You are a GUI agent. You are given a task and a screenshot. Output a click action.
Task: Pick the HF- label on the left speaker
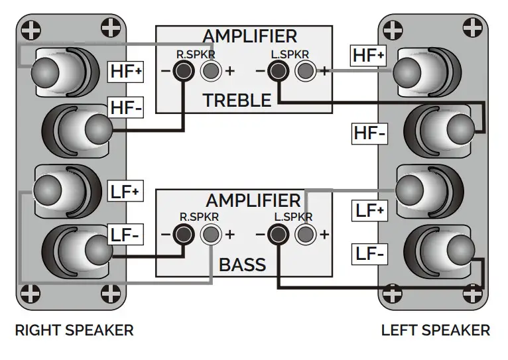(x=369, y=134)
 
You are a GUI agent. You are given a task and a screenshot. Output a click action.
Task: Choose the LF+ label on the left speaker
(x=371, y=211)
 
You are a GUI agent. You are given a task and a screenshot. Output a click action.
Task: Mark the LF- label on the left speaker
(x=371, y=253)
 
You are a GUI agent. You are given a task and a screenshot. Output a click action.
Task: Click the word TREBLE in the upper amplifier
(x=237, y=101)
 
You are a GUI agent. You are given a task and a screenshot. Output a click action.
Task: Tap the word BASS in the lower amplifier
(x=242, y=265)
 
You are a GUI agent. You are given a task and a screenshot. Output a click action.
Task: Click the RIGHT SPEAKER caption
(x=74, y=330)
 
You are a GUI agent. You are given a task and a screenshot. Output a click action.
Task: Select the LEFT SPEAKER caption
(x=436, y=330)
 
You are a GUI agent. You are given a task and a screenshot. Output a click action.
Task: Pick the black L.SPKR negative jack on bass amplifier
(x=277, y=234)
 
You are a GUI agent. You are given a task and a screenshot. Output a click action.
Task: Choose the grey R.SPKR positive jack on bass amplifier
(x=210, y=234)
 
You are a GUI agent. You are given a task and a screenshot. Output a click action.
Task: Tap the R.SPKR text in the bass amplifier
(x=199, y=217)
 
